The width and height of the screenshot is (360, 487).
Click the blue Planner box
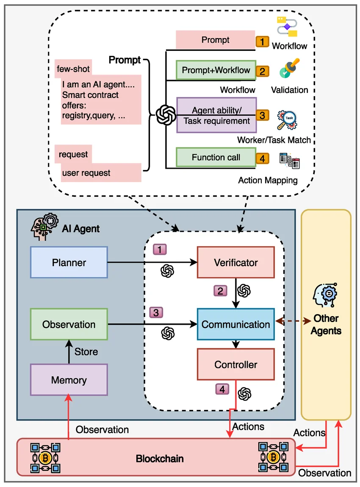69,262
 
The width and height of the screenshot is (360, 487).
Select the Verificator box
236,262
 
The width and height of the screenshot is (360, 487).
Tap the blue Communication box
236,324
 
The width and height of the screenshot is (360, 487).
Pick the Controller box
236,364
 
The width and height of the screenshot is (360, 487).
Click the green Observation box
69,324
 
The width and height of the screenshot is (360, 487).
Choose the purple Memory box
69,379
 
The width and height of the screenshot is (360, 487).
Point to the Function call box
216,158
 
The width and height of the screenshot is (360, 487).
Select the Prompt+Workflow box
216,70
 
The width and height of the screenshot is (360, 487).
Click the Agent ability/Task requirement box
216,115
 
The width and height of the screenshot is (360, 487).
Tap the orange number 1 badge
262,41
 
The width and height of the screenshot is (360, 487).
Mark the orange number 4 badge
262,159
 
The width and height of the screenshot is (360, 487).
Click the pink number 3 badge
156,312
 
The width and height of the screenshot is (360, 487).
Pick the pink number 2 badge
220,291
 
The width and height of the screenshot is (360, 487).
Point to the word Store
86,352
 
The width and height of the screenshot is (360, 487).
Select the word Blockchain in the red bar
160,459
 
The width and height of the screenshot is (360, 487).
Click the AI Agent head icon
44,228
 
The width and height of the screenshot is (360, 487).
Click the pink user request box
101,173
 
